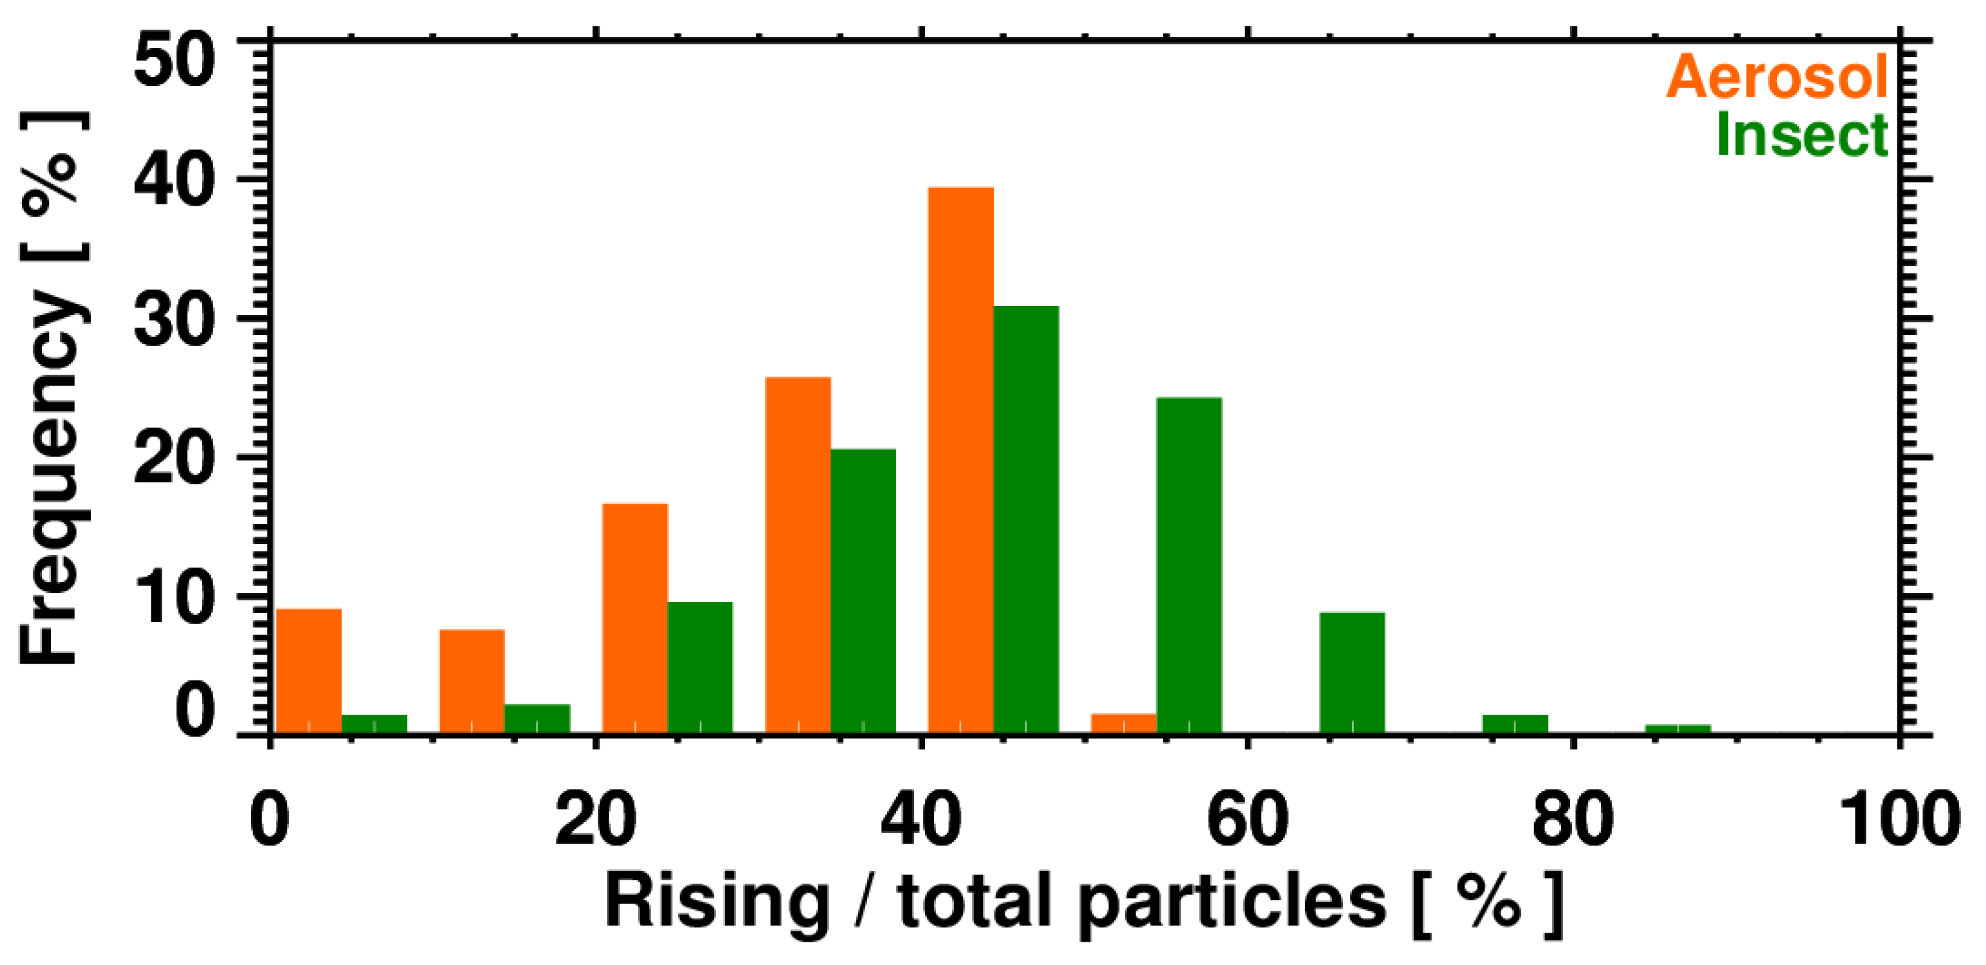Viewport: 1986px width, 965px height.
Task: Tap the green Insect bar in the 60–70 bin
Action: coord(1352,672)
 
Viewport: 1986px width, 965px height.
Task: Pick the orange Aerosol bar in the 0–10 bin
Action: coord(309,671)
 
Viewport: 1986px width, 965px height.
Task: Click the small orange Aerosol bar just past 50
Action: coord(1123,723)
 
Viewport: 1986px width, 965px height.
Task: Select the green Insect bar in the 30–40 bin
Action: coord(863,591)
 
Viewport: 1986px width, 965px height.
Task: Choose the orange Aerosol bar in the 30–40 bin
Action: coord(798,554)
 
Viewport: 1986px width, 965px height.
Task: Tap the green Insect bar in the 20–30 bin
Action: coord(700,667)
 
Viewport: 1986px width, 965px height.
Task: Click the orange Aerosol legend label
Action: coord(1777,77)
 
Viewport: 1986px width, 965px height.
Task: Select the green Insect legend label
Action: coord(1802,136)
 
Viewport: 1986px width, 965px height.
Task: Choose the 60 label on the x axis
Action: coord(1247,819)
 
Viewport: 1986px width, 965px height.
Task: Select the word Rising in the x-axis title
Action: coord(716,902)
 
